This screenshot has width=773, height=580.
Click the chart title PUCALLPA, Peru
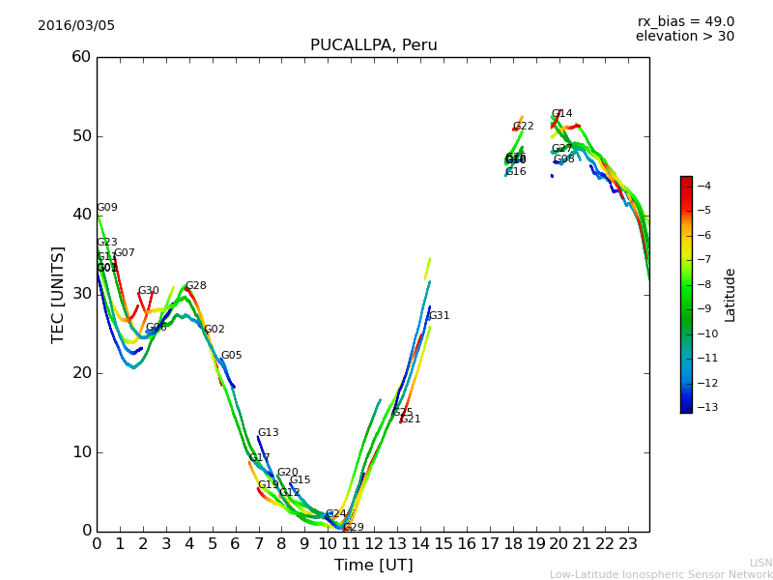click(373, 45)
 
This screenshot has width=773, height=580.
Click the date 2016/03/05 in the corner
click(76, 26)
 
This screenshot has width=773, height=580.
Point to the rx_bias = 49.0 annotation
click(685, 22)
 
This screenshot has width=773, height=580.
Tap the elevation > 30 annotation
click(684, 37)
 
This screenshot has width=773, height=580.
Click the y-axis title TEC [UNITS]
click(58, 294)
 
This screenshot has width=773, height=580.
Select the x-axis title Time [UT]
click(373, 565)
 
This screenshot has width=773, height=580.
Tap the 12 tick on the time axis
click(374, 543)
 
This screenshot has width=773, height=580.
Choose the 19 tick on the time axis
click(535, 543)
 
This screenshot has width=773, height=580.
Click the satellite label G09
click(106, 208)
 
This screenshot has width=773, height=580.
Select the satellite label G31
click(439, 316)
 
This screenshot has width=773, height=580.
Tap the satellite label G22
click(523, 127)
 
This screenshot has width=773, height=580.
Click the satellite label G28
click(195, 286)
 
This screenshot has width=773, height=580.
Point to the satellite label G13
click(268, 433)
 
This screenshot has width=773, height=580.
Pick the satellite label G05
click(231, 356)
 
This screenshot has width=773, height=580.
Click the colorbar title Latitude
click(730, 295)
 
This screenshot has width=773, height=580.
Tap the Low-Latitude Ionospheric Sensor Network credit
click(661, 575)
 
